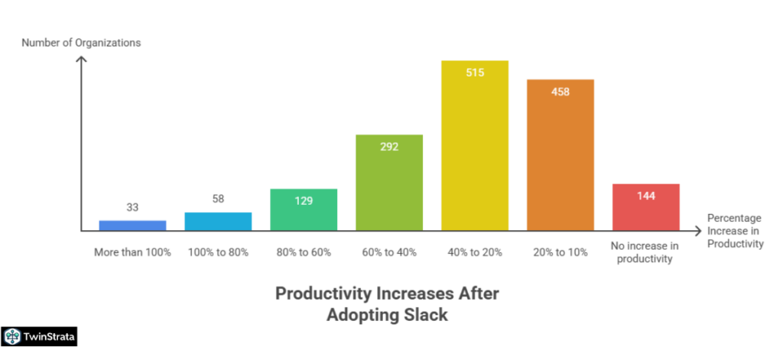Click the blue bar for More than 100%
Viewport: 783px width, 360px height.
[x=132, y=225]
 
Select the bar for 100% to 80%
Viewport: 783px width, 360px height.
[x=218, y=221]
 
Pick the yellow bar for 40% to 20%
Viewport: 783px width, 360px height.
[x=475, y=153]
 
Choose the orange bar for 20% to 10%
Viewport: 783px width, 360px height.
[x=560, y=161]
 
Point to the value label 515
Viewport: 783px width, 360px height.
[x=475, y=73]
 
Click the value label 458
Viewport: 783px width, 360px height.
[x=560, y=92]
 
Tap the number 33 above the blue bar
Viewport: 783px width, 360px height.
[x=132, y=207]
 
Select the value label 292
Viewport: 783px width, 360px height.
[x=389, y=147]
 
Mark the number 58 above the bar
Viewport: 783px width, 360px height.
[x=218, y=199]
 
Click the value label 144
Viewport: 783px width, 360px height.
[x=646, y=196]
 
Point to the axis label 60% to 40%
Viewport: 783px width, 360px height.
[x=389, y=252]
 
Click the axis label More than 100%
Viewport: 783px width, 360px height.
[x=132, y=252]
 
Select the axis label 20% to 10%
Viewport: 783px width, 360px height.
[x=560, y=252]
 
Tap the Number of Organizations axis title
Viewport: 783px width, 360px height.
[x=81, y=43]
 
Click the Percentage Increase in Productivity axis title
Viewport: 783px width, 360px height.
[x=735, y=231]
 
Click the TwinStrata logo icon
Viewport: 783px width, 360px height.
[x=13, y=336]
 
